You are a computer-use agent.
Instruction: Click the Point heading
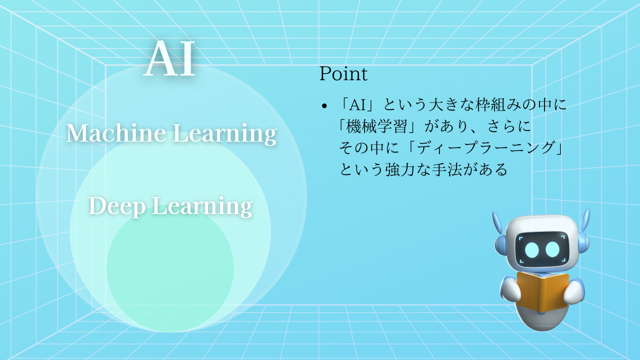[343, 74]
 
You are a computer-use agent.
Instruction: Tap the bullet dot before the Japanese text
[324, 106]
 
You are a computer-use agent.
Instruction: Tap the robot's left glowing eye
[532, 248]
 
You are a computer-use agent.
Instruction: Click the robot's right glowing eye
[552, 248]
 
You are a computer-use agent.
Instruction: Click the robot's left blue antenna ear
[497, 223]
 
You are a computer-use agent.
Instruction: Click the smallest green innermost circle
[170, 280]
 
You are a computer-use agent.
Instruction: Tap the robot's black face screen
[542, 248]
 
